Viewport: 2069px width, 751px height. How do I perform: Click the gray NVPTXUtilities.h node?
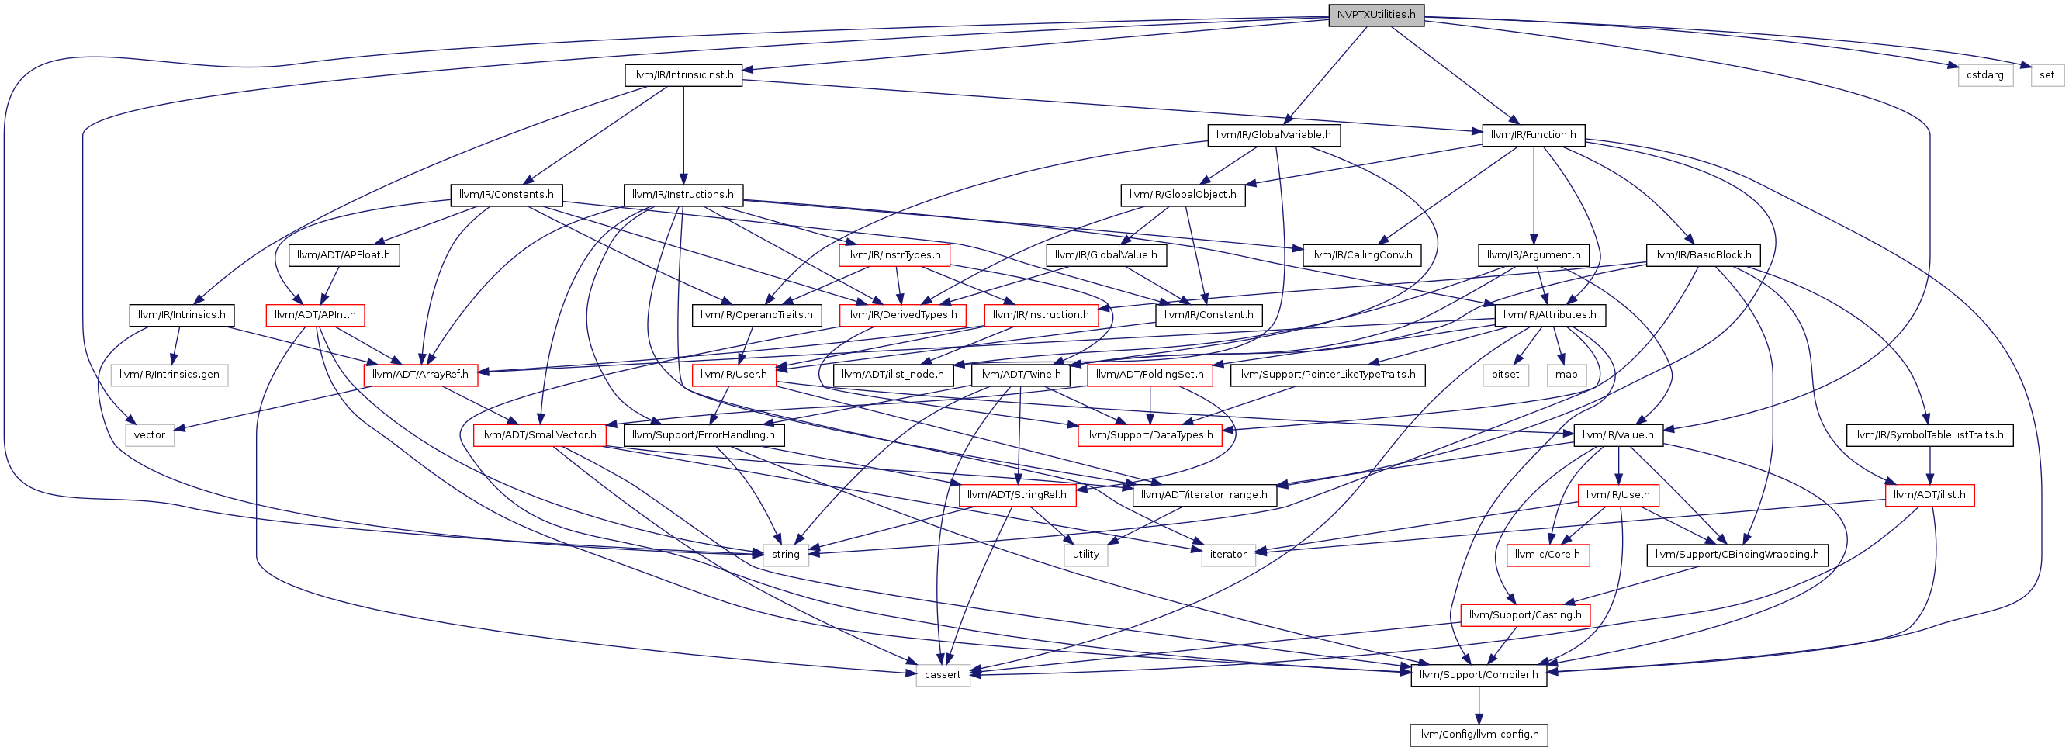coord(1376,16)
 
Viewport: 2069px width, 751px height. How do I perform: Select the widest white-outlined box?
coord(168,375)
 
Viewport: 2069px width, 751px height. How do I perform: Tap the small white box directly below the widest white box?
coord(150,435)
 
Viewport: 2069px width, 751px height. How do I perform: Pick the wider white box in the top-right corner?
coord(1984,75)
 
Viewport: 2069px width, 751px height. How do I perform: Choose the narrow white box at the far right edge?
coord(2047,75)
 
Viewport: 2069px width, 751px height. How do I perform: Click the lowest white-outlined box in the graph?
coord(943,676)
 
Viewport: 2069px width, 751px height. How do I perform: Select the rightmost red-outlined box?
coord(1929,497)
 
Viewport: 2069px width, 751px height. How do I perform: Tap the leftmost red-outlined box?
coord(315,316)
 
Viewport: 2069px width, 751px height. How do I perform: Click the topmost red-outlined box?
coord(894,255)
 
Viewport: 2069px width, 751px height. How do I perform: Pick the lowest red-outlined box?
coord(1524,615)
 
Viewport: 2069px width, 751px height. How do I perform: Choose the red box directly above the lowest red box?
coord(1548,555)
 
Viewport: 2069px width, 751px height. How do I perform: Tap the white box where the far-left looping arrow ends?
coord(786,555)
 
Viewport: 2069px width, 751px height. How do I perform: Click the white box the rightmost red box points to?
coord(1228,555)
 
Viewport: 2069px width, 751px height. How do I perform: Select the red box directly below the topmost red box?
coord(902,316)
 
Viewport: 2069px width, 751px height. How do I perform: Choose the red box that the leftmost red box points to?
coord(420,375)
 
